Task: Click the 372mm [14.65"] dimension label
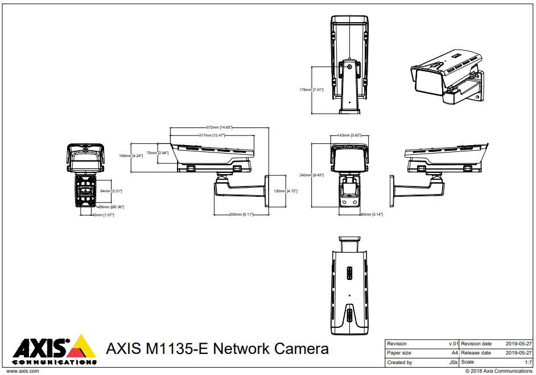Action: (220, 127)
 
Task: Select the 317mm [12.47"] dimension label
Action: (212, 135)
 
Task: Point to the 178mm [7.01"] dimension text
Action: (311, 89)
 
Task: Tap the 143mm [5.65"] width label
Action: (349, 135)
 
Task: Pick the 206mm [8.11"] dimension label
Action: (241, 215)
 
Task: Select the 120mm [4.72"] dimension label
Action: (286, 191)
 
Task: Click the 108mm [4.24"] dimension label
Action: (130, 155)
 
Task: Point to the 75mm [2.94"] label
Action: (158, 153)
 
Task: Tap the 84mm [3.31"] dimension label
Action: (111, 191)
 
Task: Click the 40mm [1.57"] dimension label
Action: (103, 215)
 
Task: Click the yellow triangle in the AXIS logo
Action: (85, 347)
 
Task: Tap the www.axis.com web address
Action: (22, 370)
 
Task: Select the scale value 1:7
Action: (528, 362)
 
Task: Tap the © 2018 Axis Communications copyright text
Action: (498, 371)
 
